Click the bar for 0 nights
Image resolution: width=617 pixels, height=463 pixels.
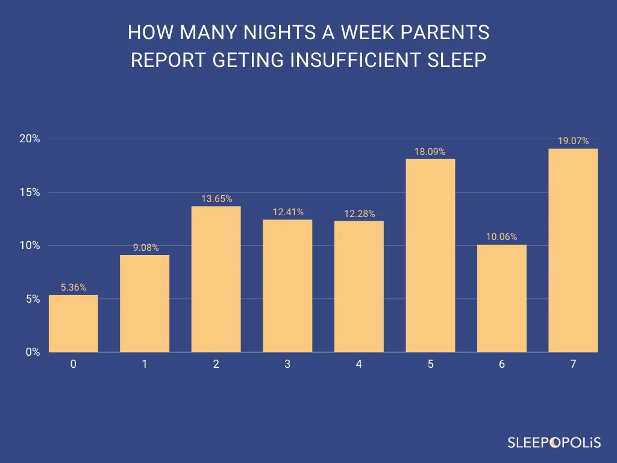[x=73, y=323]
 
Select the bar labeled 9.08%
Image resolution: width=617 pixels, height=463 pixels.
[x=145, y=303]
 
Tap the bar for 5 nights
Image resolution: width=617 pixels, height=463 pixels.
[x=430, y=256]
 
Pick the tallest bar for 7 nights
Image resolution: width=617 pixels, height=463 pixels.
[x=573, y=250]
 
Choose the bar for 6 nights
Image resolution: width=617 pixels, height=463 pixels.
[x=501, y=298]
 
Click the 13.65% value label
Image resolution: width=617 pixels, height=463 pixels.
[x=216, y=199]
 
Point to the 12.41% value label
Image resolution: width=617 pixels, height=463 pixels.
[x=287, y=212]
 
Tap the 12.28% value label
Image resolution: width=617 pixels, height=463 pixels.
[x=359, y=214]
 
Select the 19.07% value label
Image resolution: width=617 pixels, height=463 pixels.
[x=573, y=141]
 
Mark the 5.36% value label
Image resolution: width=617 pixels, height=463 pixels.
[x=73, y=288]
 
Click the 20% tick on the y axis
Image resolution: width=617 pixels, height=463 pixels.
[x=30, y=139]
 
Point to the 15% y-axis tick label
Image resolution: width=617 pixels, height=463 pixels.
[x=30, y=192]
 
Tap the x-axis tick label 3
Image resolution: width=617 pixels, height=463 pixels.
[x=287, y=365]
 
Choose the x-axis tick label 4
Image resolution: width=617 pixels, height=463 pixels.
[x=359, y=365]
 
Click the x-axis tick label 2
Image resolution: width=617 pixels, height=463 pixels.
[x=216, y=365]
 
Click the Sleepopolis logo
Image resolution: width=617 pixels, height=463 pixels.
[x=553, y=443]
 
